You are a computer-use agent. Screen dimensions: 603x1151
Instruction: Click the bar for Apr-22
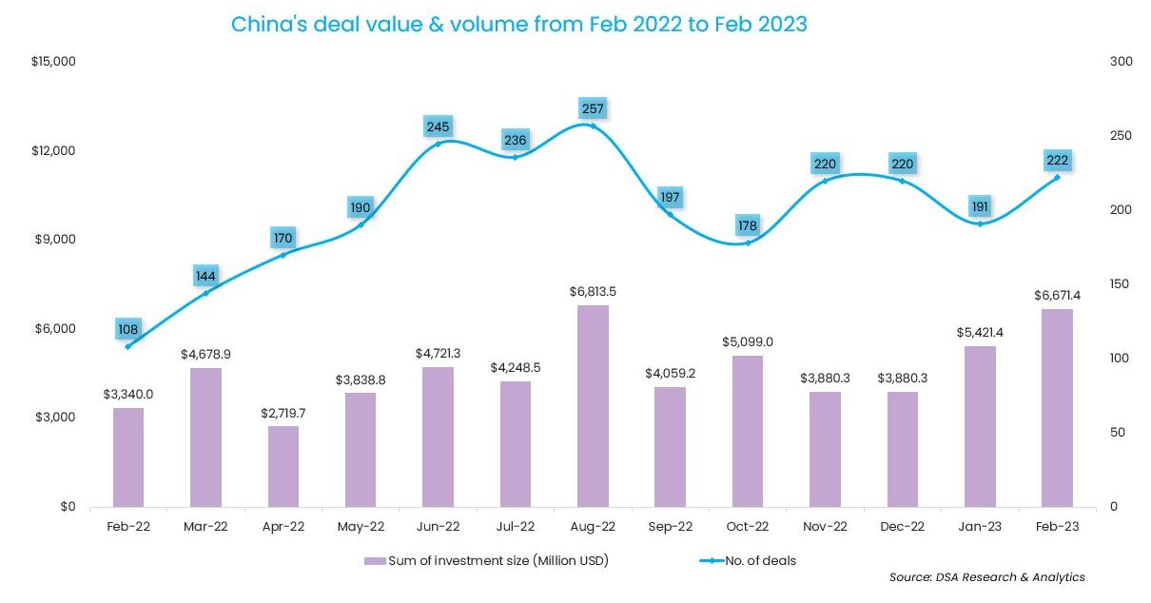(283, 466)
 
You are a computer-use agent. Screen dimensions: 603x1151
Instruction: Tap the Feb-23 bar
(1057, 408)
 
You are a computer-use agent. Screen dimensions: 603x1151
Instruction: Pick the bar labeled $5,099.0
(748, 431)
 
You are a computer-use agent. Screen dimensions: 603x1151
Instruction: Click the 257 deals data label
(593, 108)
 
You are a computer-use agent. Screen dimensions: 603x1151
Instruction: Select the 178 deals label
(748, 225)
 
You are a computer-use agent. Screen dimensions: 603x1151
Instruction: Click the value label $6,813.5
(593, 291)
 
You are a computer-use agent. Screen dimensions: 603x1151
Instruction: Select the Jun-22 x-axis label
(438, 525)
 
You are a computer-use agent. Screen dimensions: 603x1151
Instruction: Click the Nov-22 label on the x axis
(825, 525)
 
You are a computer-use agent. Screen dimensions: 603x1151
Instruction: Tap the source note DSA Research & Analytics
(987, 577)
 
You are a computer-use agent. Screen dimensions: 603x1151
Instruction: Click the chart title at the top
(519, 25)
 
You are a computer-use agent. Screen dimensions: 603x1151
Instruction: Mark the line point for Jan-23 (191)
(980, 224)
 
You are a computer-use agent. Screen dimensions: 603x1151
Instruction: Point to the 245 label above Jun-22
(438, 126)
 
